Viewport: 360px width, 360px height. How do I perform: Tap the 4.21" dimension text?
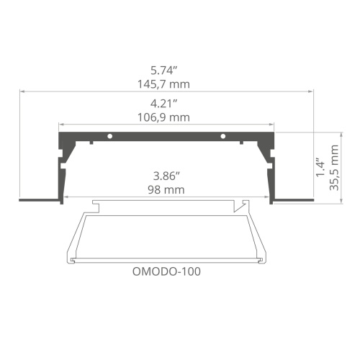166,103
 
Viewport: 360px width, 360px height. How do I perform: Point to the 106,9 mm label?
166,117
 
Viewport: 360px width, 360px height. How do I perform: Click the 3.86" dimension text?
166,175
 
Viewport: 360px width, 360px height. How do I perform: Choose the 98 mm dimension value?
166,189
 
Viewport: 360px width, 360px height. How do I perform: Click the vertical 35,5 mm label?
335,167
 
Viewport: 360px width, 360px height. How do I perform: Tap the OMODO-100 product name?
167,272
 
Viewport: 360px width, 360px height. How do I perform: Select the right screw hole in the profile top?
223,135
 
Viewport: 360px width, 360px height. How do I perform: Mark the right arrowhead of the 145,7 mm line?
313,92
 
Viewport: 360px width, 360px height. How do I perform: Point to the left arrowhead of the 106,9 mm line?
60,125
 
